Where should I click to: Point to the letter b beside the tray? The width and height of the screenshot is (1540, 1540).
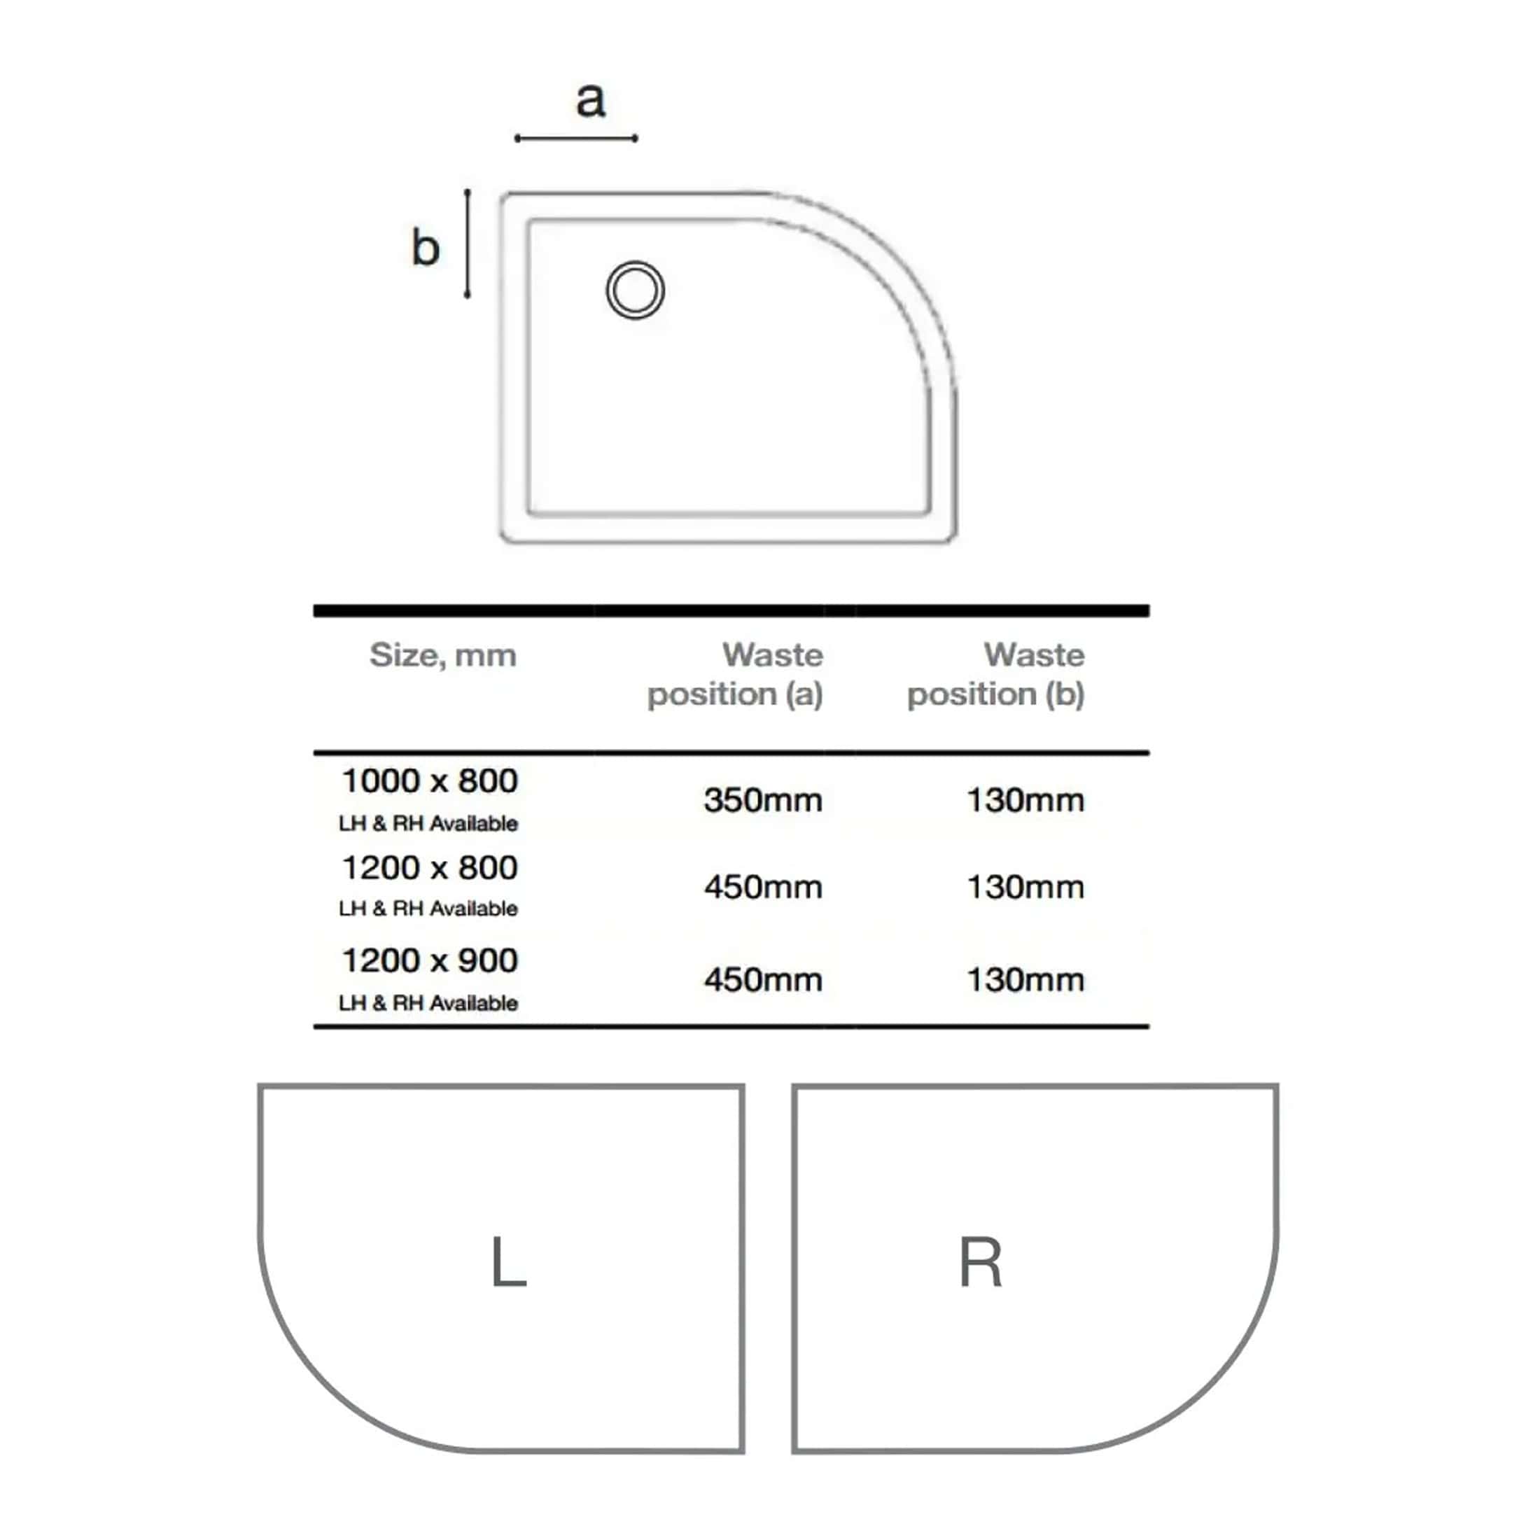click(426, 247)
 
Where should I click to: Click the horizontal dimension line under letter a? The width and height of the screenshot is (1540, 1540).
click(576, 139)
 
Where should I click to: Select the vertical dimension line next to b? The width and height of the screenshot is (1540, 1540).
click(468, 244)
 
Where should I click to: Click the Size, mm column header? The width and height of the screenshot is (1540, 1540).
click(443, 655)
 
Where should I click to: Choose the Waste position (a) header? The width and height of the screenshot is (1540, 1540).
click(735, 674)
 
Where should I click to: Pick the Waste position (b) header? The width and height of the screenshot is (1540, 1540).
click(996, 674)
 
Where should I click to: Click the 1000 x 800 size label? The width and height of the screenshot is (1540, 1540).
click(430, 781)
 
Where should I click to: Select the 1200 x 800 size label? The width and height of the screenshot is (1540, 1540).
click(430, 868)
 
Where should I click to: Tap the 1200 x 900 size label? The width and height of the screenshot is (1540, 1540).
click(430, 961)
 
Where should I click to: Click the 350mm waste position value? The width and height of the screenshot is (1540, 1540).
click(763, 800)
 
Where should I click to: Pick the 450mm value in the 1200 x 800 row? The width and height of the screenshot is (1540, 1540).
click(763, 887)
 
